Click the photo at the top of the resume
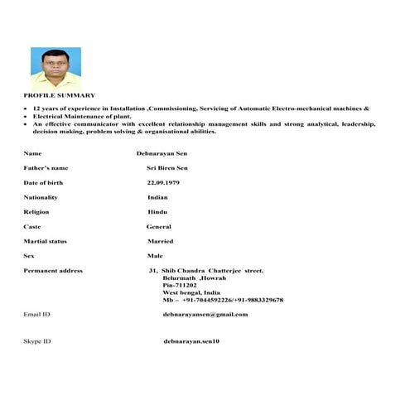(55, 69)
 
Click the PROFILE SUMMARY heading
(60, 96)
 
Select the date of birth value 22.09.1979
(163, 182)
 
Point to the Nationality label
(41, 197)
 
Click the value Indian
(157, 197)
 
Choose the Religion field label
(37, 212)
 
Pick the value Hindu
(157, 212)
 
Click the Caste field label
(33, 226)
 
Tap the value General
(159, 226)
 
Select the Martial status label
(46, 241)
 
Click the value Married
(160, 241)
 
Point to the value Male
(155, 256)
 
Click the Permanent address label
(53, 271)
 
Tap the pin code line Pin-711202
(180, 285)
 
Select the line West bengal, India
(191, 292)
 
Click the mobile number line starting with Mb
(223, 300)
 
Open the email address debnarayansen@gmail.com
(205, 315)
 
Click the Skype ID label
(38, 341)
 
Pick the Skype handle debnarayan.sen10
(191, 341)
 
